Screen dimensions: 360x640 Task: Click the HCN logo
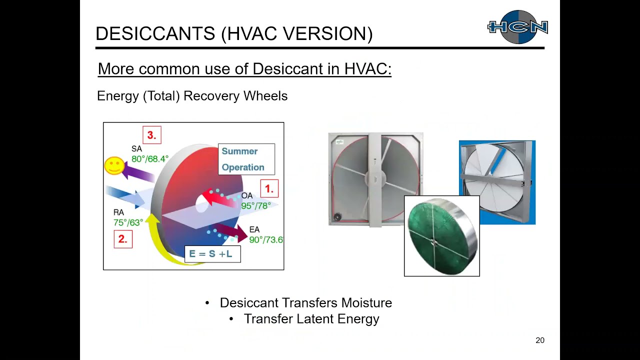[517, 27]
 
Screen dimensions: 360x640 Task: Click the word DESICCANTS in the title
[155, 34]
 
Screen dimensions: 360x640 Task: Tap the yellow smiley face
[114, 165]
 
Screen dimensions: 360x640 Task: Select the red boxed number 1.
[269, 189]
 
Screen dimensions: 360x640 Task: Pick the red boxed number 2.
[123, 239]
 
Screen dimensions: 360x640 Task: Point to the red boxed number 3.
[152, 135]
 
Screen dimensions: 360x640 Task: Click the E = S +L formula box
[212, 254]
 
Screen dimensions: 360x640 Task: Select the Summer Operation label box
[246, 159]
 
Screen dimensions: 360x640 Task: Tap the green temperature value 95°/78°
[256, 206]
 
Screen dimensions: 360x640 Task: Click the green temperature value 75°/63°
[128, 223]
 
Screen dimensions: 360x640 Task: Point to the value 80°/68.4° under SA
[150, 159]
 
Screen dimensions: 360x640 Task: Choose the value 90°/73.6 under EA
[266, 240]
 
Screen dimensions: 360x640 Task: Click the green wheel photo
[441, 236]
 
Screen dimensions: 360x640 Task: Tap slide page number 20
[540, 340]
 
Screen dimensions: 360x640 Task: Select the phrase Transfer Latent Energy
[311, 319]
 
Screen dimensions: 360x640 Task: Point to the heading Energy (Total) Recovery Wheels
[192, 96]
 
